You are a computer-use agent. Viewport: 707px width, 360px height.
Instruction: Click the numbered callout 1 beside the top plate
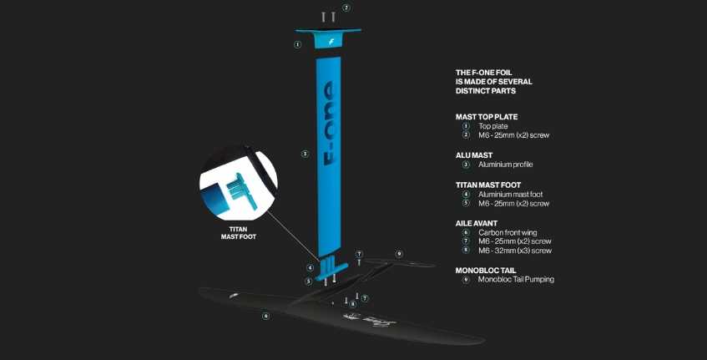[298, 44]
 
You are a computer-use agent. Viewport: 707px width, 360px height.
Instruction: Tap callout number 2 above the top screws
[346, 8]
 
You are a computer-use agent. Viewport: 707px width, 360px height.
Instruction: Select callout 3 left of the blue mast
[305, 155]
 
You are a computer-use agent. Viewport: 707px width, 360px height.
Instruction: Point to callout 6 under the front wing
[266, 316]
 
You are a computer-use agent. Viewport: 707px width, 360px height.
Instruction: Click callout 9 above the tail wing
[399, 254]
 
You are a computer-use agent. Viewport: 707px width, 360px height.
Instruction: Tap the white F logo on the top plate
[331, 42]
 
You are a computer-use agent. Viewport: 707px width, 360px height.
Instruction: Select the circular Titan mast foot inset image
[239, 183]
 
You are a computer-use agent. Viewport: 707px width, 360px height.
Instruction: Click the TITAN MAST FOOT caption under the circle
[239, 233]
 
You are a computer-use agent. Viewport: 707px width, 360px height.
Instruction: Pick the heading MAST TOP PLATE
[487, 117]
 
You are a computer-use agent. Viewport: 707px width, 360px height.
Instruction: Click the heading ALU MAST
[474, 155]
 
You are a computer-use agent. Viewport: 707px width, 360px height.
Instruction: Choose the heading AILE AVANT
[477, 223]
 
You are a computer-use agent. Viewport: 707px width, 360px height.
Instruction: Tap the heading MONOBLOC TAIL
[486, 271]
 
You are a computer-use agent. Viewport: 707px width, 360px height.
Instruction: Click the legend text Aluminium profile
[506, 165]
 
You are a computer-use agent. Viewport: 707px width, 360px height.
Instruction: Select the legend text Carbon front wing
[508, 233]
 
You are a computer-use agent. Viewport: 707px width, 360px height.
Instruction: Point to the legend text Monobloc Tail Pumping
[517, 280]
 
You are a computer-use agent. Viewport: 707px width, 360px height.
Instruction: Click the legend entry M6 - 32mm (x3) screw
[515, 251]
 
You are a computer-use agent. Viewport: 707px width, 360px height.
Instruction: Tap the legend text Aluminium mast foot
[510, 195]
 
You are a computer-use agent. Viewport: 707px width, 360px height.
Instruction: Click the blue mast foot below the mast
[331, 268]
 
